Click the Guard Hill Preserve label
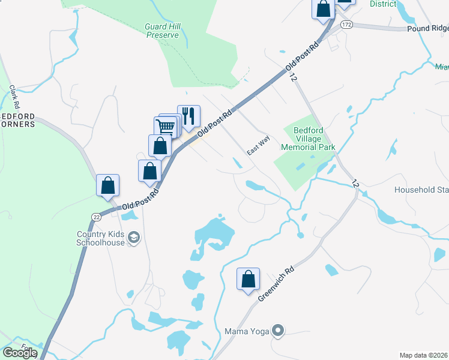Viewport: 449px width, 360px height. point(163,31)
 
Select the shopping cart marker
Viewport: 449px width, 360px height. point(166,127)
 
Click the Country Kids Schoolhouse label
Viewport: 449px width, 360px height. point(100,238)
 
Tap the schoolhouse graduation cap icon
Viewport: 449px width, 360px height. point(134,239)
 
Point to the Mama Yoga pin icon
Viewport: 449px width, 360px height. point(277,330)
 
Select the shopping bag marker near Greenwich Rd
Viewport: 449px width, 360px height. point(248,279)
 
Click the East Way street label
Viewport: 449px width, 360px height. point(259,146)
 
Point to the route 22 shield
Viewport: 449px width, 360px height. point(95,216)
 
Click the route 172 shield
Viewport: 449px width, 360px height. point(346,25)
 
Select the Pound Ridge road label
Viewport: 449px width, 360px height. point(427,28)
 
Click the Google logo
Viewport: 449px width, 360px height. point(19,353)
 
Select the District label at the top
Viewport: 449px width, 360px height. point(383,4)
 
